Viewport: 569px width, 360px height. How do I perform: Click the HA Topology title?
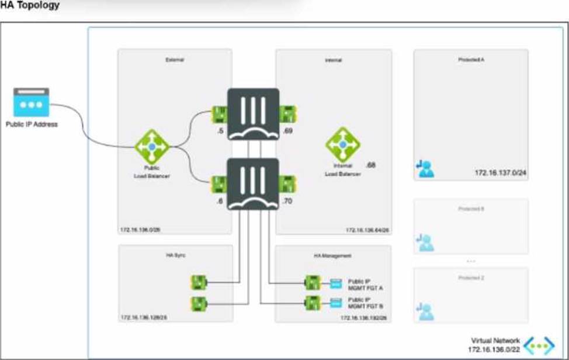point(30,6)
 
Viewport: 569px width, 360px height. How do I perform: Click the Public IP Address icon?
point(30,104)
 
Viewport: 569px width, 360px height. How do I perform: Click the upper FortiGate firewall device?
point(253,114)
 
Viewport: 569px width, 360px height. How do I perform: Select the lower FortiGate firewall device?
point(253,183)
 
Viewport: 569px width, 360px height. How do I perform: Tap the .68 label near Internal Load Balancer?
point(371,165)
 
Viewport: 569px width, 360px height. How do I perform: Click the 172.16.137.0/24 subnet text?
point(498,173)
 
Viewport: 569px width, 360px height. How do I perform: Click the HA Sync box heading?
point(175,255)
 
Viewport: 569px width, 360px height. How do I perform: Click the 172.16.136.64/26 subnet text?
point(367,230)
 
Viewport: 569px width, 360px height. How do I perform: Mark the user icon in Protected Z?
point(426,312)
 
